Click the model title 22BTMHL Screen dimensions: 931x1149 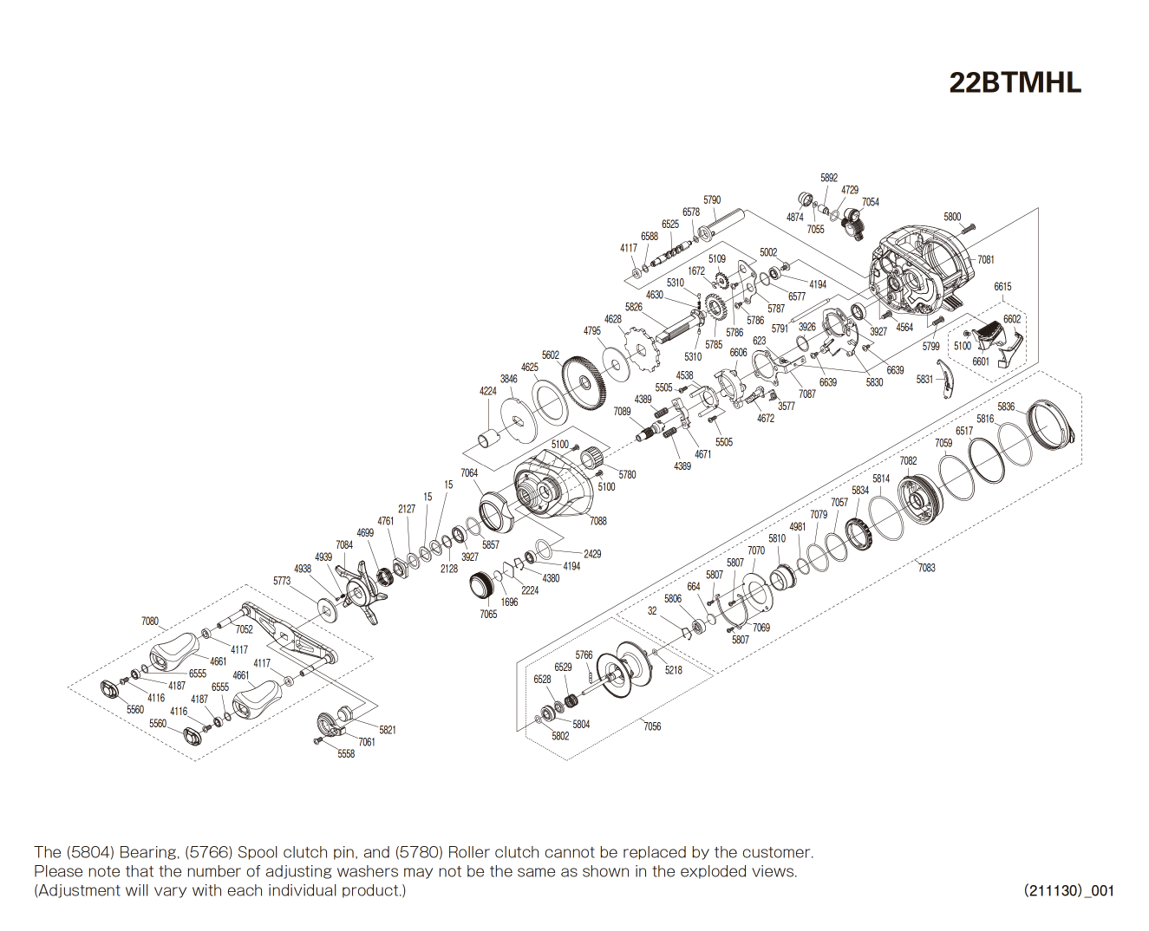pos(1015,83)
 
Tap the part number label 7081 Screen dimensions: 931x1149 pos(986,259)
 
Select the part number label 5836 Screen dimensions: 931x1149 pos(1005,407)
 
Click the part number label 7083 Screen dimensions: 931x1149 pos(926,568)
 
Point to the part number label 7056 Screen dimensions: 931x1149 pos(651,726)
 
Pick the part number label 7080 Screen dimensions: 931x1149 pos(150,622)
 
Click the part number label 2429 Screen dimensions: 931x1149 pos(592,554)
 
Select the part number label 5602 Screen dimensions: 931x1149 pos(551,355)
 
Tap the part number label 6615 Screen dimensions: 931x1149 pos(1002,286)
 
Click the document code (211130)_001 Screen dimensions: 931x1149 pos(1068,890)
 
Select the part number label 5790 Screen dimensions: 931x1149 pos(712,199)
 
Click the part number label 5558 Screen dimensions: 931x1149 pos(346,754)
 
